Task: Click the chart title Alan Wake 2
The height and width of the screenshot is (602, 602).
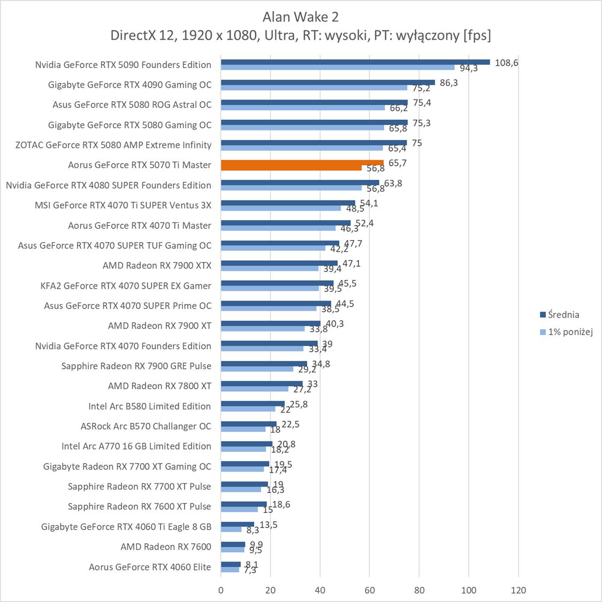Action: [x=300, y=17]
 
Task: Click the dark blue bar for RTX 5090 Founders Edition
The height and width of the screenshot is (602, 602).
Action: [x=355, y=62]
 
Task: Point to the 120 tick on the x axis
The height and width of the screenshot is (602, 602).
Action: [x=518, y=590]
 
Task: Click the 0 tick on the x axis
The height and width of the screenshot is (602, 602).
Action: [x=221, y=590]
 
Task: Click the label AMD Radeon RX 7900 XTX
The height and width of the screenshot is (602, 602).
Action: [x=157, y=266]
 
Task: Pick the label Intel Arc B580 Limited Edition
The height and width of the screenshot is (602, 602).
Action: [x=149, y=406]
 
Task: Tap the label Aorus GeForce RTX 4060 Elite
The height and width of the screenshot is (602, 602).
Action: [x=150, y=567]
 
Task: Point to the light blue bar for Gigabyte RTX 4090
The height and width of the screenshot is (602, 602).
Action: [x=314, y=88]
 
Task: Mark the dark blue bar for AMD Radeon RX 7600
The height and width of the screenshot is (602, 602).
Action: [x=233, y=544]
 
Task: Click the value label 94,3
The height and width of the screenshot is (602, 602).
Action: [x=468, y=68]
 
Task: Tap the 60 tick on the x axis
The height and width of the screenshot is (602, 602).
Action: [x=369, y=590]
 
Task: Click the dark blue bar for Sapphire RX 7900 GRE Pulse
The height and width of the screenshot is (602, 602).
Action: [x=264, y=364]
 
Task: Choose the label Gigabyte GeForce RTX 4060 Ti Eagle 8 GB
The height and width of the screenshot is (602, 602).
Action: [x=126, y=527]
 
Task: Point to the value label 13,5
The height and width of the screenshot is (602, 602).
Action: [x=268, y=525]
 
